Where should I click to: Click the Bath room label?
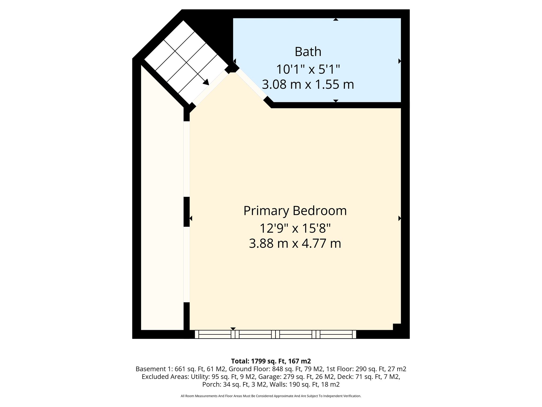point(308,52)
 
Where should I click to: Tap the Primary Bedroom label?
point(295,211)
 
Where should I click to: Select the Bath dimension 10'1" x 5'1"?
point(308,69)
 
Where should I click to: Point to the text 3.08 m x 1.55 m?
point(308,85)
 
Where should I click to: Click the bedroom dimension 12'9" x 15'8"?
point(295,228)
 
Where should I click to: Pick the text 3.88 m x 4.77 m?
point(295,244)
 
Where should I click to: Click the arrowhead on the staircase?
point(206,82)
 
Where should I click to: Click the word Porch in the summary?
point(211,384)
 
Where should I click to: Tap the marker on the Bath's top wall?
point(336,19)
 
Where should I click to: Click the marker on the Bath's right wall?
point(400,61)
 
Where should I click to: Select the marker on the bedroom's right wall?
point(400,218)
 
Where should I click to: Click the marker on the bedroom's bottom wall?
point(233,329)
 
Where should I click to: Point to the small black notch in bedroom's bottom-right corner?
point(397,327)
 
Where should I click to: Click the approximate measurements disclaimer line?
point(271,396)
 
